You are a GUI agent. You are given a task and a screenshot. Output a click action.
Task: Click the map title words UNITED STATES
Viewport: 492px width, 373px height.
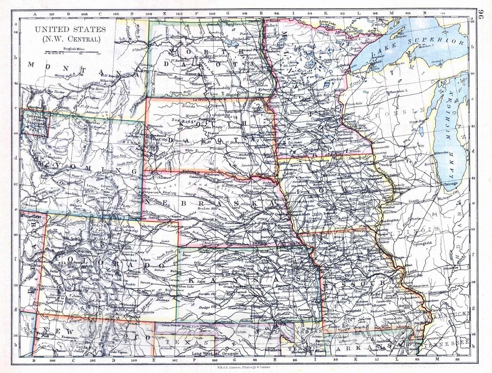[x=70, y=30]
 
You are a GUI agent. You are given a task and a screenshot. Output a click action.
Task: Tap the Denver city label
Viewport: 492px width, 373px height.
[x=120, y=255]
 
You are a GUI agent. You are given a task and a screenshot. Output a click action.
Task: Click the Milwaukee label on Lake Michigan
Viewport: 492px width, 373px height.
[x=442, y=153]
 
